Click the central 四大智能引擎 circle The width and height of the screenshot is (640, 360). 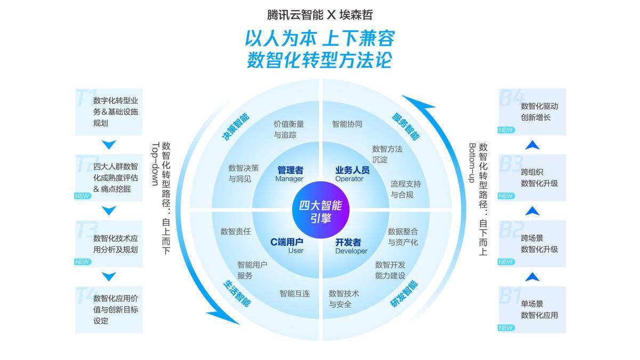[x=320, y=208]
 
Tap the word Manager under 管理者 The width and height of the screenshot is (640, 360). [x=290, y=179]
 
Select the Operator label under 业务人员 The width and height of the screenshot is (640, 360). [x=349, y=179]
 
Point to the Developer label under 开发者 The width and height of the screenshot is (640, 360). [x=351, y=251]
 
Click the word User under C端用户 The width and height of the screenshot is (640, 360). [x=295, y=251]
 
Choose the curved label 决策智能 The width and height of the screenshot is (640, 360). [x=235, y=126]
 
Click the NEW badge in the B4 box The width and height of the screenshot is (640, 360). [x=506, y=130]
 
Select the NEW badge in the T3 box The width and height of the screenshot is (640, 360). [x=82, y=262]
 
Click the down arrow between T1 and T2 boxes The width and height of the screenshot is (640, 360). [x=109, y=145]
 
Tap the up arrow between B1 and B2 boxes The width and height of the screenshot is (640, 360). [x=532, y=277]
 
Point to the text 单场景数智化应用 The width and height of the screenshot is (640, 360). [x=539, y=309]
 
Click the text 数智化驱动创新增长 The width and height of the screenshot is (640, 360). [x=539, y=111]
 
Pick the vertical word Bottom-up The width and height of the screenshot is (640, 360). [x=471, y=163]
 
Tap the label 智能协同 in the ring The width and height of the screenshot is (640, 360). [x=347, y=124]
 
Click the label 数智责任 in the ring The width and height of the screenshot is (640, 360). [x=236, y=231]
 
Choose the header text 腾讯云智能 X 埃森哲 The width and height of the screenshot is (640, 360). [x=320, y=14]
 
